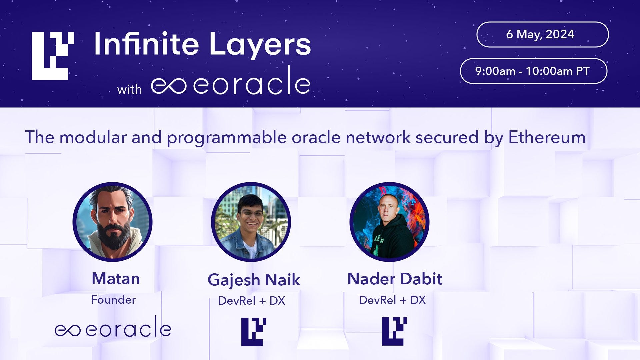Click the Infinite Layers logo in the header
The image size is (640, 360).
click(x=52, y=56)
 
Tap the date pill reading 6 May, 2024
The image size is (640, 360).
click(x=542, y=34)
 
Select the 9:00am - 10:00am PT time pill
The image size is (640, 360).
click(x=533, y=71)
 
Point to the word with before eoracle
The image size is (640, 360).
click(x=129, y=89)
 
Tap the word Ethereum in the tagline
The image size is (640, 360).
click(x=547, y=137)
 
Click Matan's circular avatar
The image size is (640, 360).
click(x=113, y=222)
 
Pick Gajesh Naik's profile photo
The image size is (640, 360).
click(x=251, y=222)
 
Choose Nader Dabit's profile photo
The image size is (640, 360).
click(x=389, y=222)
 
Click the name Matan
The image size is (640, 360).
click(x=116, y=279)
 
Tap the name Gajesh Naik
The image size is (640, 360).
click(x=254, y=280)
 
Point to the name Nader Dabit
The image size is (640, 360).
click(x=395, y=279)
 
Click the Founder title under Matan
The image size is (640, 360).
click(x=113, y=300)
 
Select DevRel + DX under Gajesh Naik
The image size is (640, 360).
click(x=252, y=301)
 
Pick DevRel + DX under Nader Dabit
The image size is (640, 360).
click(x=392, y=300)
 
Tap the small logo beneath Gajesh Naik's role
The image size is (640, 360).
click(x=254, y=332)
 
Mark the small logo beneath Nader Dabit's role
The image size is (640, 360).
click(x=394, y=331)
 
